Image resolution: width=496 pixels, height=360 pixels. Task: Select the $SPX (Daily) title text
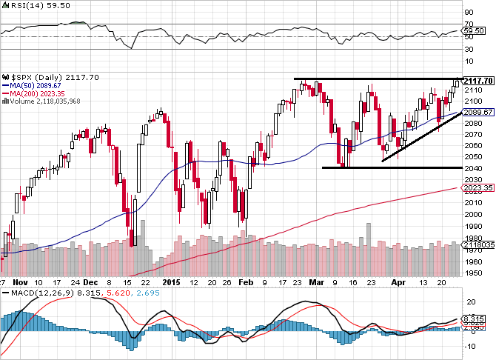click(x=33, y=76)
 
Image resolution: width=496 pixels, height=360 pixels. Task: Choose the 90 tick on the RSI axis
click(x=469, y=13)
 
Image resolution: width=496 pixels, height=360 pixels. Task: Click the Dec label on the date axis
click(x=90, y=283)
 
